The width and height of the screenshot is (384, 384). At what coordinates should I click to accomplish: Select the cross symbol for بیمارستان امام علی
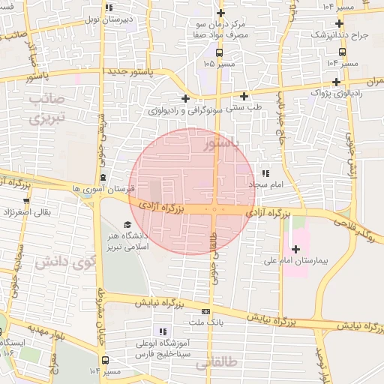coord(295,249)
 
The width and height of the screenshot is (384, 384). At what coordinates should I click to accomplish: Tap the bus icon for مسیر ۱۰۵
coord(219,52)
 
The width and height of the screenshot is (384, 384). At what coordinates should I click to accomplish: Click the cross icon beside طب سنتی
coord(244,96)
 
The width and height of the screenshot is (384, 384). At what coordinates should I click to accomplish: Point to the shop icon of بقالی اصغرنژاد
coord(26,200)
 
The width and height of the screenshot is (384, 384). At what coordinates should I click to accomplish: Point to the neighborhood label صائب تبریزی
coord(47,109)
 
